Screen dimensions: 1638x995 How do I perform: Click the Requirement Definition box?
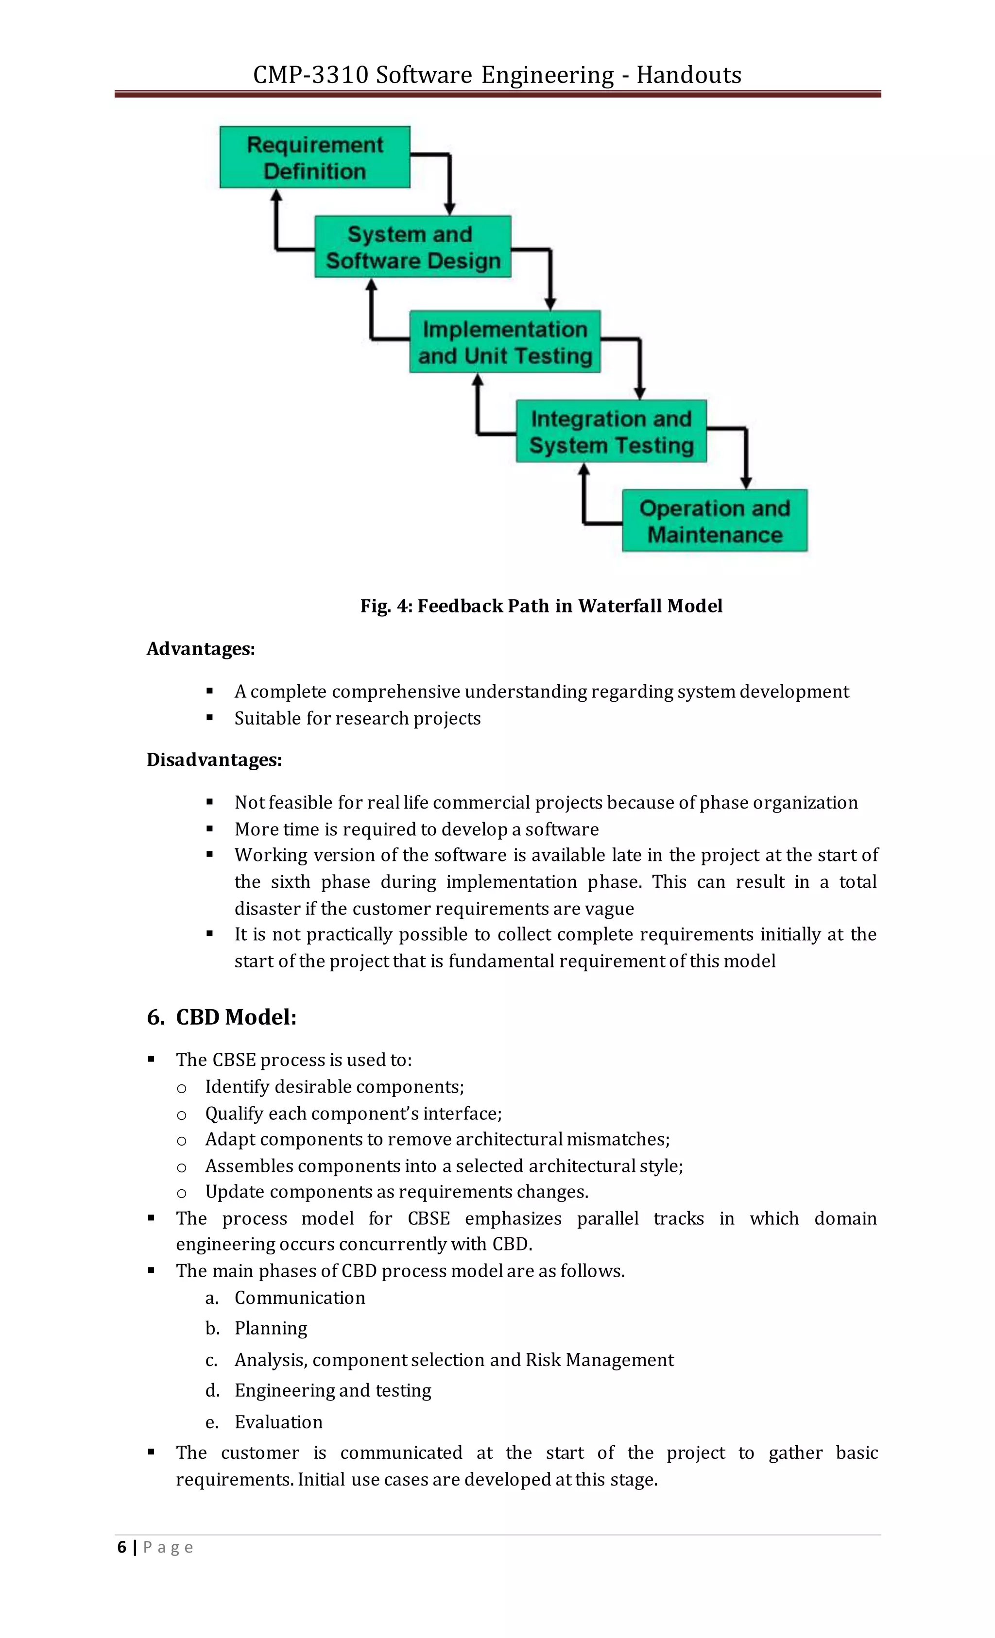coord(315,157)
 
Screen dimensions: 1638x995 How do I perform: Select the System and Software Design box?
coord(412,247)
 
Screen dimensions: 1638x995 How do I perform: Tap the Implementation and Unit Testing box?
coord(505,342)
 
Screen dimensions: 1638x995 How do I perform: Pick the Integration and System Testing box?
coord(611,431)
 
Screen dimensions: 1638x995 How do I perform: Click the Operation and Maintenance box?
coord(714,521)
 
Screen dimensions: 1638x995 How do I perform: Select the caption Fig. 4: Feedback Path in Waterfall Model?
coord(541,606)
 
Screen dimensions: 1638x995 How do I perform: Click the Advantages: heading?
coord(200,648)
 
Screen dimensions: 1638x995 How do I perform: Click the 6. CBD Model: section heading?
coord(222,1016)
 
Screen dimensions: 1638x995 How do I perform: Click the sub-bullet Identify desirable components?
coord(334,1086)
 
